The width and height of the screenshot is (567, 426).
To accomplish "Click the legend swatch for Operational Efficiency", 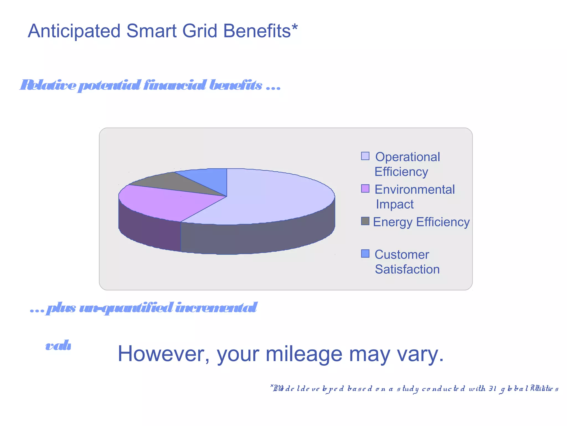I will coord(365,156).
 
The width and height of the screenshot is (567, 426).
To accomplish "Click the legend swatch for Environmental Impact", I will coord(365,189).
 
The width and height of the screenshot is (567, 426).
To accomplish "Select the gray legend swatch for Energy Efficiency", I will coord(365,221).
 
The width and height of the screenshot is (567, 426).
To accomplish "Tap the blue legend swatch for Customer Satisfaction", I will coord(365,253).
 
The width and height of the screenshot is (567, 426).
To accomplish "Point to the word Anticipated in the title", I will coord(74,31).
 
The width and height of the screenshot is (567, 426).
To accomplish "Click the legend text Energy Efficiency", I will coord(421,222).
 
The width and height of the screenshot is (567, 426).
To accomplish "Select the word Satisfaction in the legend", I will coord(407,269).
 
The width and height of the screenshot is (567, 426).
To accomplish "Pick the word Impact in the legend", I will coord(395,204).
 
